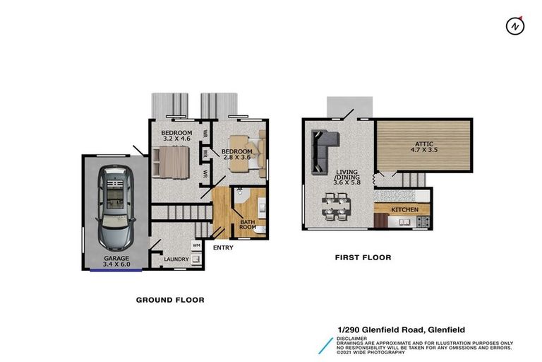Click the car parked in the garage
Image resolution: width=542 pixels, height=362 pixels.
point(115,206)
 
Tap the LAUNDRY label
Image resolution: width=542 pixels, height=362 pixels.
point(176,259)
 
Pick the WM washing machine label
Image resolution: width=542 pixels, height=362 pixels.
point(196,245)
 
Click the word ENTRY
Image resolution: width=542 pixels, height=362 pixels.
point(223,247)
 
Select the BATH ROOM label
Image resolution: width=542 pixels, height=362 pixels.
point(248,226)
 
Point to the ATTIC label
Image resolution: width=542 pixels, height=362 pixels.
point(423,144)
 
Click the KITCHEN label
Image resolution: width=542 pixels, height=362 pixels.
point(405,210)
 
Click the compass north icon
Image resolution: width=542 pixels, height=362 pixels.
point(515,26)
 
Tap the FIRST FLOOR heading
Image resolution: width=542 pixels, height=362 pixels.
point(363,258)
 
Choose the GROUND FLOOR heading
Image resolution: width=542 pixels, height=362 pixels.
point(170,300)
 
